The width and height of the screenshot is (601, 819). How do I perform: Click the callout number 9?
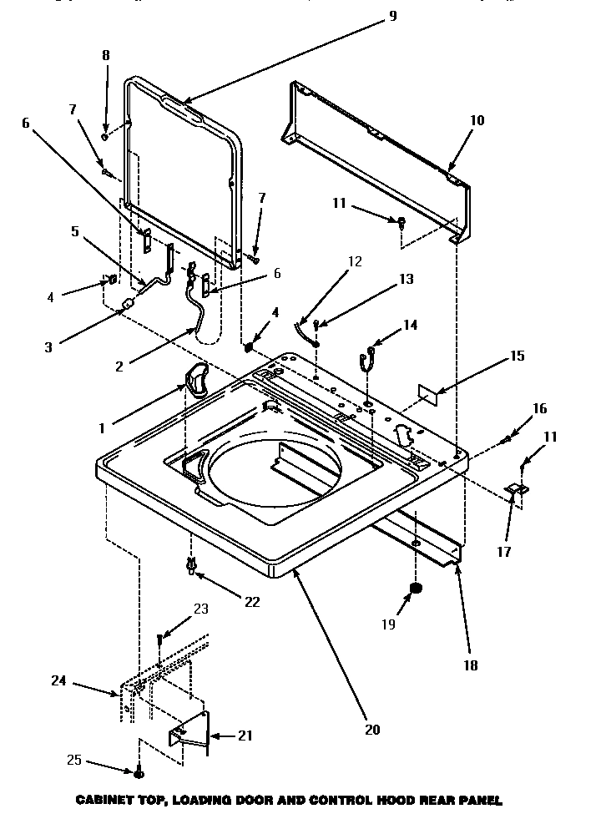click(392, 15)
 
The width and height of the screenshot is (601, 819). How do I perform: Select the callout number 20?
click(372, 729)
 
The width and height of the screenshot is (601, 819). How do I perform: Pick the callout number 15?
click(517, 356)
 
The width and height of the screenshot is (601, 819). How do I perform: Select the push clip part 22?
click(192, 568)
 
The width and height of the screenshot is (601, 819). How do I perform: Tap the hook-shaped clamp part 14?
click(364, 356)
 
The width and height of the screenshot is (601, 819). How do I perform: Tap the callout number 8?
click(105, 57)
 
